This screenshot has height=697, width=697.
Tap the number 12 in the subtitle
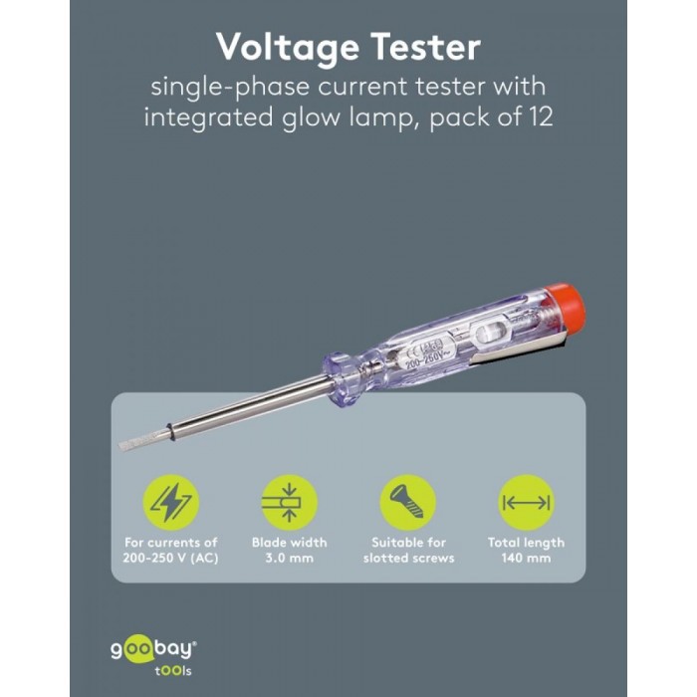coord(540,116)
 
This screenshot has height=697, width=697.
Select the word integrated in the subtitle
coord(208,117)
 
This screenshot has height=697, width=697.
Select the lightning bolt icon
coord(171,502)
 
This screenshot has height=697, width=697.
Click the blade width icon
coord(289,502)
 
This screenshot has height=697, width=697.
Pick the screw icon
coord(407,502)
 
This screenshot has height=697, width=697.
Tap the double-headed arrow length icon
coord(526,502)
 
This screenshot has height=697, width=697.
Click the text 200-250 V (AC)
coord(170,558)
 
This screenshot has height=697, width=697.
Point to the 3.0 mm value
coord(290,558)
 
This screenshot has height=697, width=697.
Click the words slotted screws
coord(408,558)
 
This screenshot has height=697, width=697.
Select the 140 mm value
coord(526,558)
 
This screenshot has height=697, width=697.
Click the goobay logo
coord(153,651)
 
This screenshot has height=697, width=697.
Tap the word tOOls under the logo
coord(173,671)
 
